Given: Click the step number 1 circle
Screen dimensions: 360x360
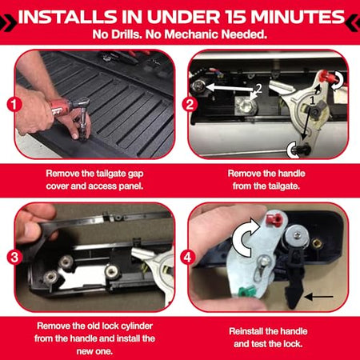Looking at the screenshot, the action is click(14, 104).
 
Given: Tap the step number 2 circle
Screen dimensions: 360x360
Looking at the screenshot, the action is click(190, 104).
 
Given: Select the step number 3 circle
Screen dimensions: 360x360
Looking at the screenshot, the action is click(14, 258).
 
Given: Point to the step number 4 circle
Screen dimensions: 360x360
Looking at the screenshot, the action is click(188, 258).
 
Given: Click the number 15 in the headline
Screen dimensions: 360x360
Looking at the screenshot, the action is click(235, 17).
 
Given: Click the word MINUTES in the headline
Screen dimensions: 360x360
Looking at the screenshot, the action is click(298, 17).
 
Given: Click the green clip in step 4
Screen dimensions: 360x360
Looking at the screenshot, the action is click(246, 291).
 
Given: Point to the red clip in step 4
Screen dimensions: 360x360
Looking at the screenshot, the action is click(274, 220).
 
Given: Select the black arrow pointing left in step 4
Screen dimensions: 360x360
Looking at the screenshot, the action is click(319, 297).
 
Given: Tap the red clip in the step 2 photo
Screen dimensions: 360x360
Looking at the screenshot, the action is click(326, 77).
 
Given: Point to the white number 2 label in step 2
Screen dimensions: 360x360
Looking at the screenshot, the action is click(258, 88).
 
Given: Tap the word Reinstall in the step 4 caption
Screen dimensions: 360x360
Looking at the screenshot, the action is click(244, 331).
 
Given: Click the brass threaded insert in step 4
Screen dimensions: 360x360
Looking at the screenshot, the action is click(317, 243).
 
